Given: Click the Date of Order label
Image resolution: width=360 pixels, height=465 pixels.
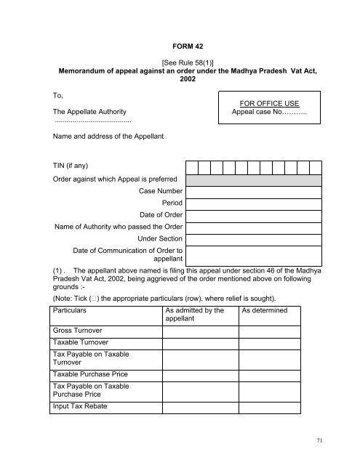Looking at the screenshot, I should click(161, 216).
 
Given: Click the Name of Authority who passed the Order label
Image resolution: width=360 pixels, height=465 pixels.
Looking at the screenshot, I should click(119, 227).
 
